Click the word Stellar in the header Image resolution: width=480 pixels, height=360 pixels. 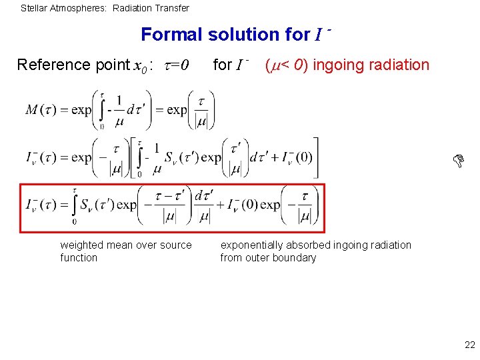pos(33,9)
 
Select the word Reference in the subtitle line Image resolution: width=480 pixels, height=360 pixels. pos(53,65)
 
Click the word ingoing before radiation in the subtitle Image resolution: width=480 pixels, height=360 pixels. pos(337,65)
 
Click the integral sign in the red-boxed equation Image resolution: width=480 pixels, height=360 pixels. pos(74,204)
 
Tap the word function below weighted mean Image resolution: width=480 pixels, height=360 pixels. pos(79,257)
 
